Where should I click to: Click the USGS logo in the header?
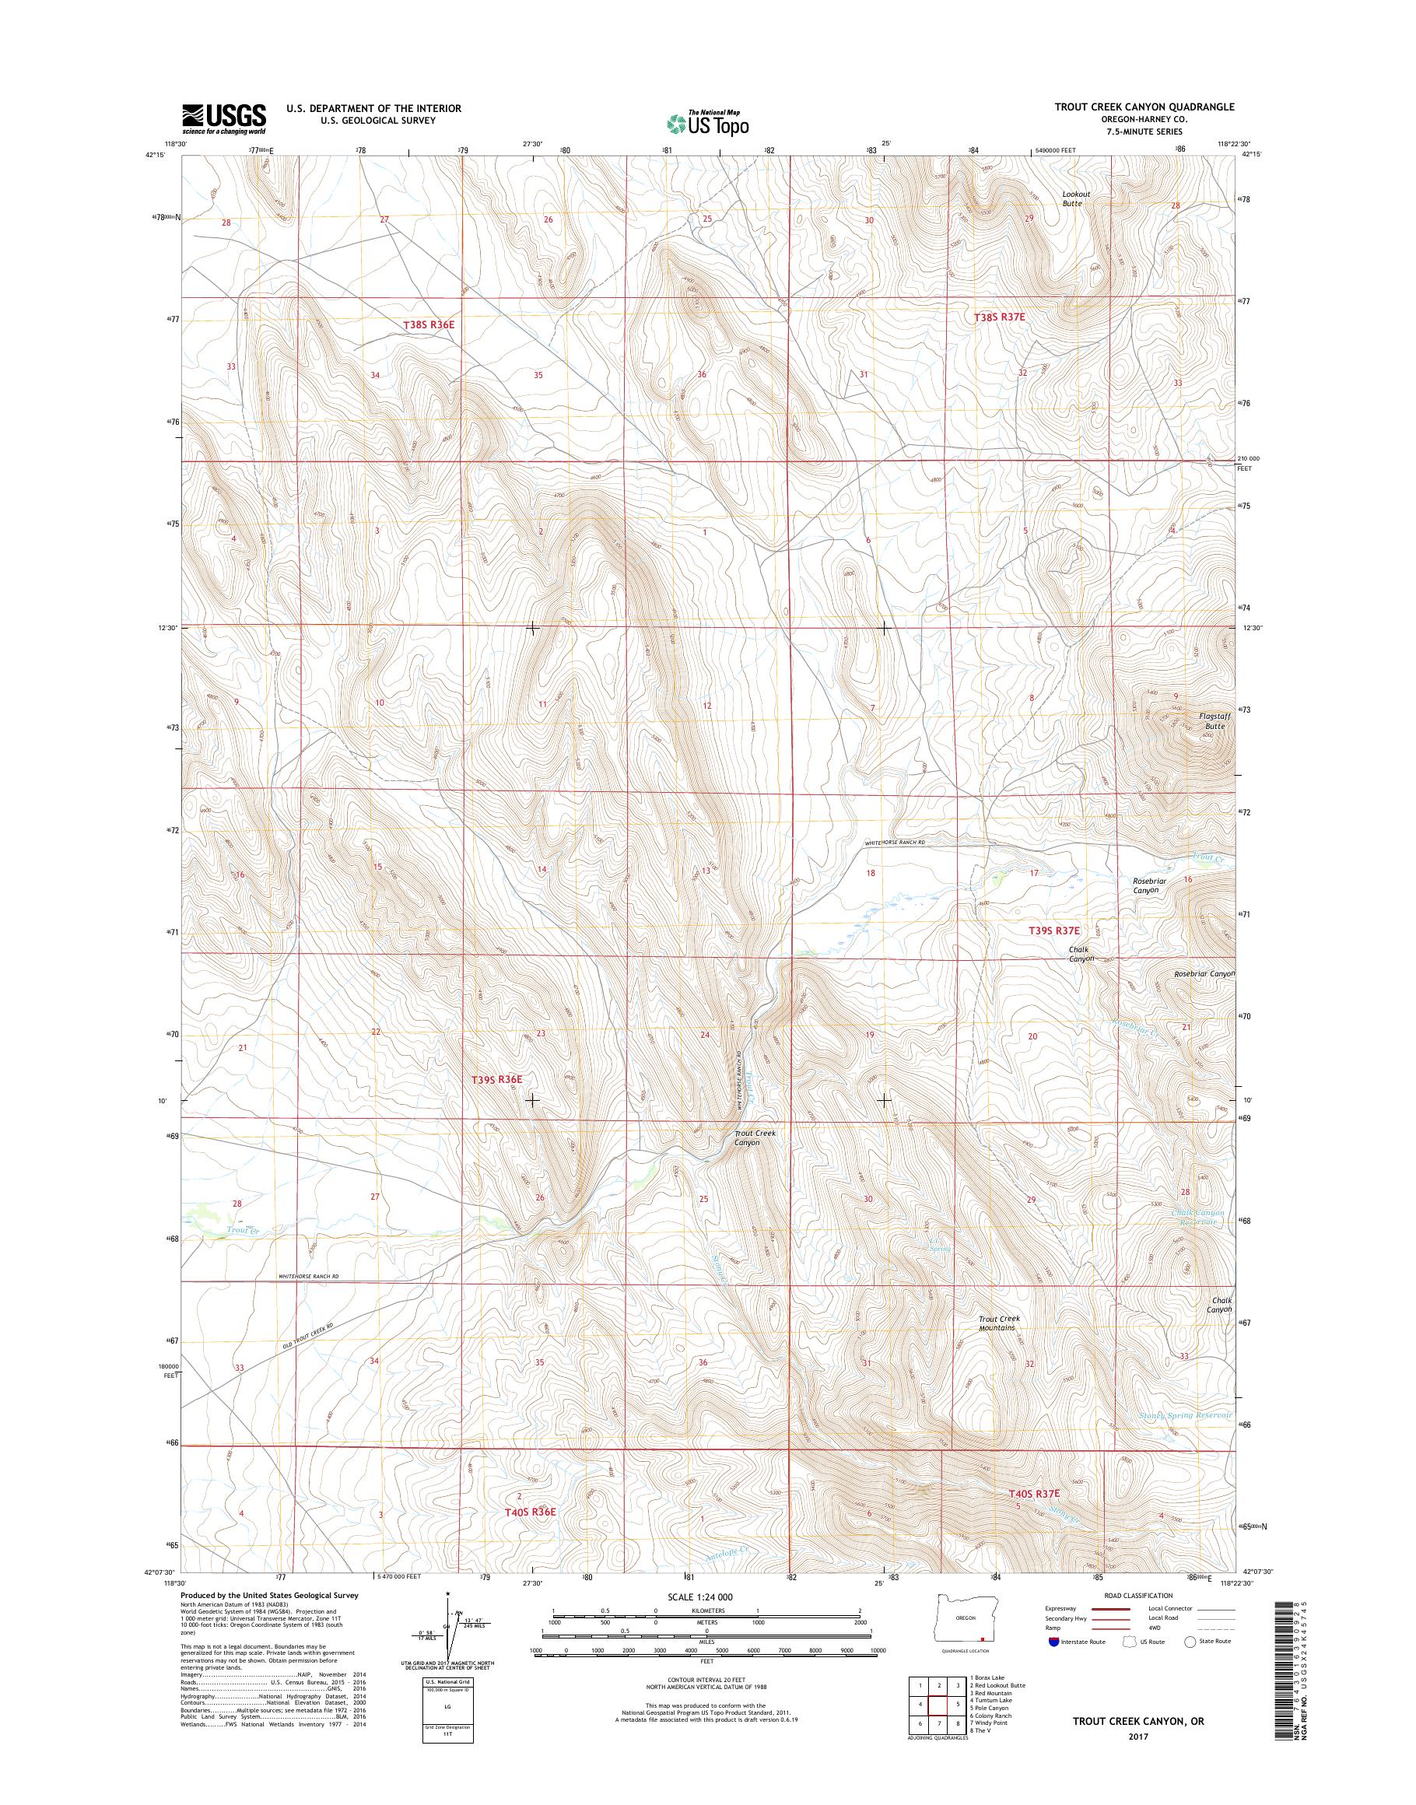[x=224, y=118]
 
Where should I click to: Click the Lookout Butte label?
[x=1076, y=198]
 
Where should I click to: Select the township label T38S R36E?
[x=429, y=325]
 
